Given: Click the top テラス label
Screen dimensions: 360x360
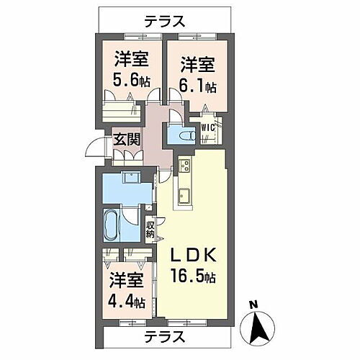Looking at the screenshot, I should [166, 21].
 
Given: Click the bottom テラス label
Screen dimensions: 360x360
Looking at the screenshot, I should [166, 336].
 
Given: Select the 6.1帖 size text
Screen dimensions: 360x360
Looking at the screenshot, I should [196, 87].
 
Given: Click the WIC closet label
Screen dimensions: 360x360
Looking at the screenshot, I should [208, 128].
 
